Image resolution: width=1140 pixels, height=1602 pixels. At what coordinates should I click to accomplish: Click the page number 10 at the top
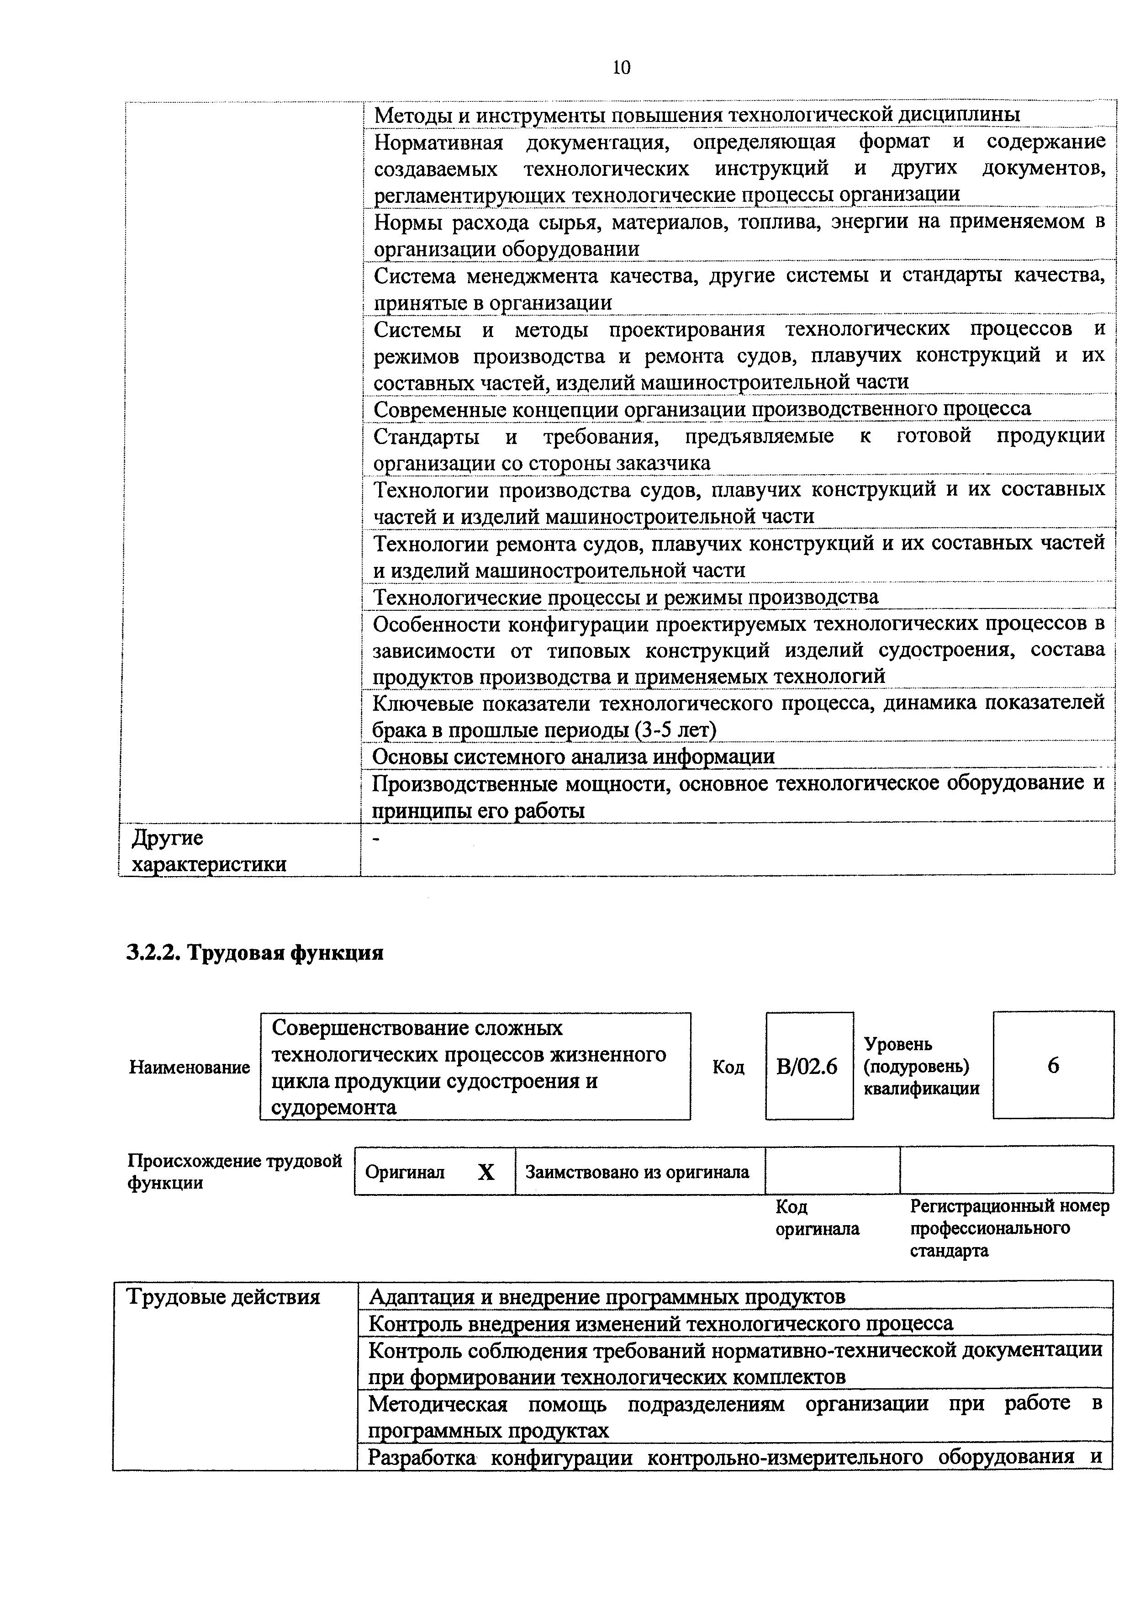621,68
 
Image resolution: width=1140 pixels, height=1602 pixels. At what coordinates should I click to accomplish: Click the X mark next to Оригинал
486,1172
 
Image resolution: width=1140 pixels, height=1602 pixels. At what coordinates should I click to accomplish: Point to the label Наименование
190,1068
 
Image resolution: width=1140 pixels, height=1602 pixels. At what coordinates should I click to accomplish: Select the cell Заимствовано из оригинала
638,1172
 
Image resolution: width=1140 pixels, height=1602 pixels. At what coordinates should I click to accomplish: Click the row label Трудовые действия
223,1297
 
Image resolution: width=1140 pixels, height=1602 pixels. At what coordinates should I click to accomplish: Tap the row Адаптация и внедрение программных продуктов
607,1296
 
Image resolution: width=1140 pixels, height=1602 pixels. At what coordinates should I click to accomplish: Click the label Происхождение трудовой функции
234,1172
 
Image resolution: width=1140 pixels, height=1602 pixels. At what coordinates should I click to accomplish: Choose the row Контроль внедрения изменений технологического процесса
660,1324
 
